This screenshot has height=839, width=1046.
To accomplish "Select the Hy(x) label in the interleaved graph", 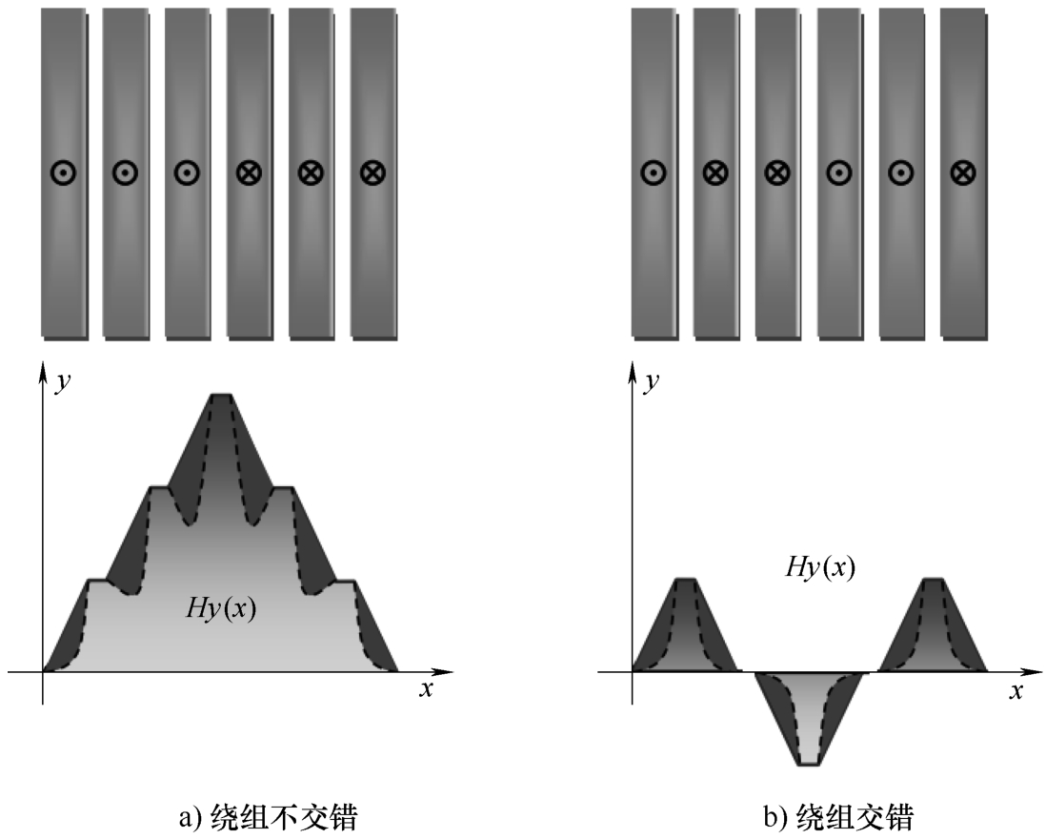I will [819, 567].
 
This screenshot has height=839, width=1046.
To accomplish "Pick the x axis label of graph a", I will [426, 689].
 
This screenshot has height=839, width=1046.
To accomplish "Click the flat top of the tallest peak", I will [221, 394].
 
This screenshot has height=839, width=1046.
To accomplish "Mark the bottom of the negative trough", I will [810, 763].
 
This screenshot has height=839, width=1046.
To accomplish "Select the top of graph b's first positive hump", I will [687, 579].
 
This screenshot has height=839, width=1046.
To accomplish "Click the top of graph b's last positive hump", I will [934, 579].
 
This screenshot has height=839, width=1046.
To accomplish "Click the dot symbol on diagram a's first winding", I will [63, 173].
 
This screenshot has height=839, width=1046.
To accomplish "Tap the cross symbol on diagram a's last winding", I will [372, 173].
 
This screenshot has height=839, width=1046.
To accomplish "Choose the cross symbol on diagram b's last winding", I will [963, 173].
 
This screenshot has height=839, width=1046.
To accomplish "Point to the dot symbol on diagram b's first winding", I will [653, 173].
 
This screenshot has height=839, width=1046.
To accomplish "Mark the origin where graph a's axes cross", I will [42, 671].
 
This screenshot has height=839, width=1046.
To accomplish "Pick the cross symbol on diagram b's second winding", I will [715, 173].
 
